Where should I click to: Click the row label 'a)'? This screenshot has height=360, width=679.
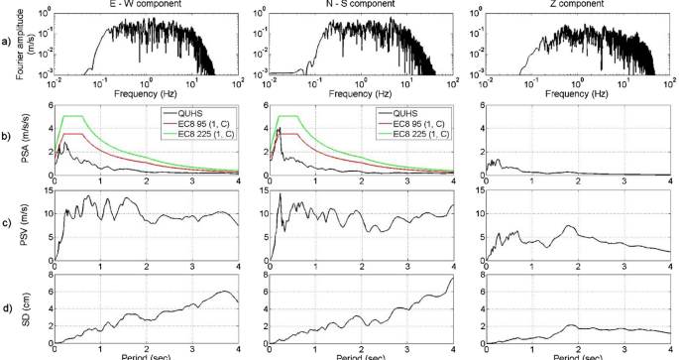[8, 44]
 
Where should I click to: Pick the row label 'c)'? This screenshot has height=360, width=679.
[8, 222]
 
